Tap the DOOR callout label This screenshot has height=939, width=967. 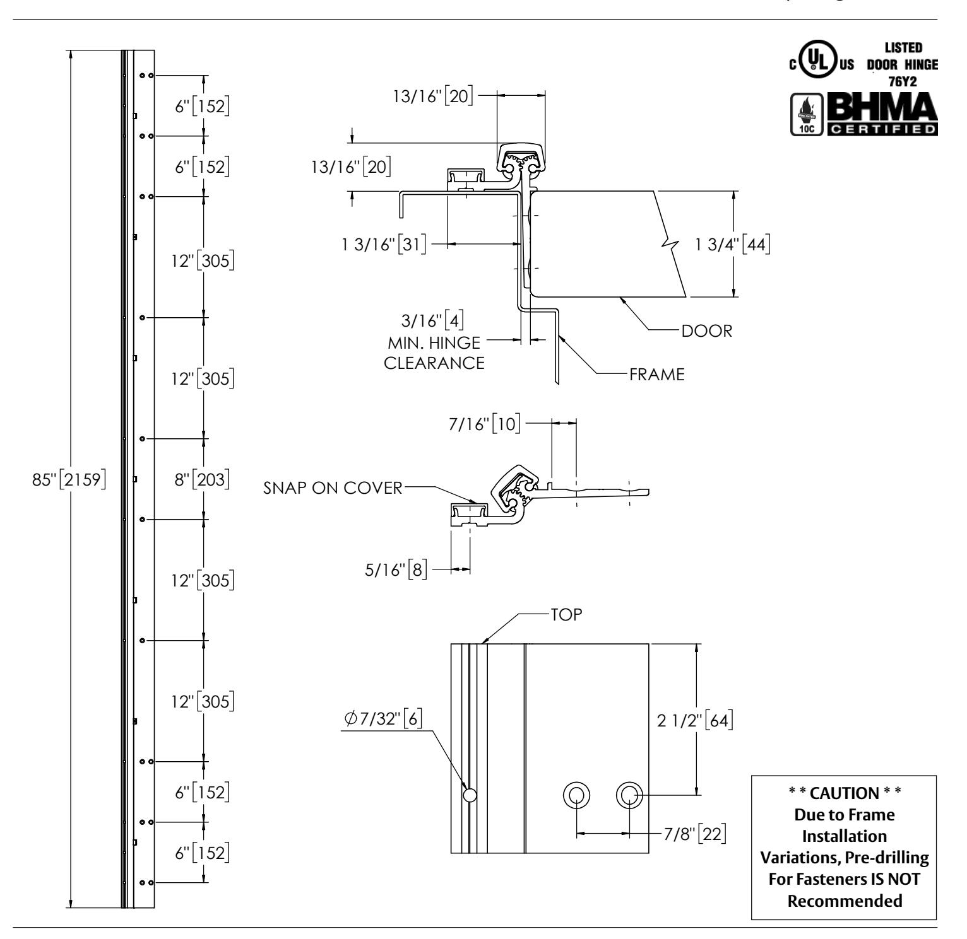(x=707, y=331)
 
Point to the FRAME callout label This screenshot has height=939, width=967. (x=656, y=375)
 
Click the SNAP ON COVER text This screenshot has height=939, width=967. (x=333, y=488)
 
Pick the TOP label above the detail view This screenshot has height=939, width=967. (x=566, y=615)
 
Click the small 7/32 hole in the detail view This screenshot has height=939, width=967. (x=470, y=795)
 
